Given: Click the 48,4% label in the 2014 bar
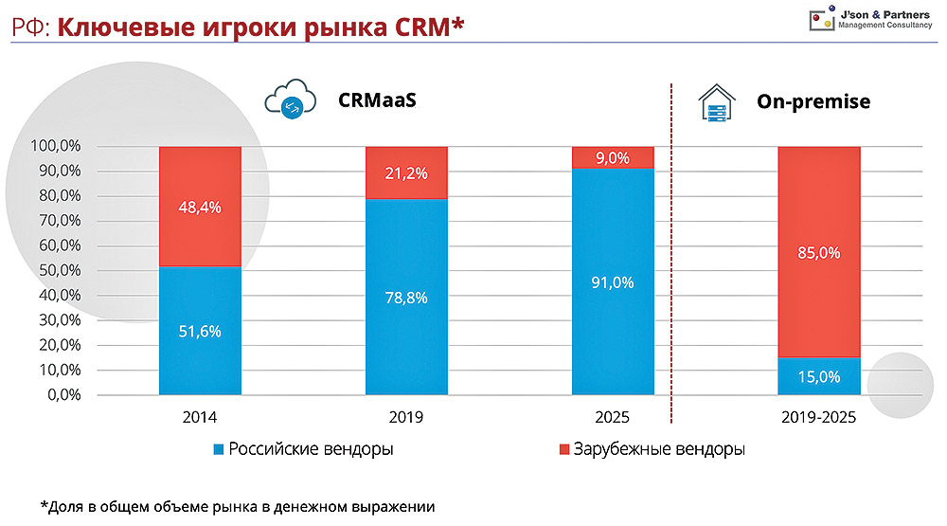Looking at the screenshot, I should [x=200, y=207].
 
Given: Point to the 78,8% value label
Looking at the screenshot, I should [x=406, y=298].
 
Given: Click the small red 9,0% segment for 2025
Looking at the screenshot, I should [x=613, y=157].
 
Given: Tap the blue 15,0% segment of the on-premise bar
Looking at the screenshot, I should [x=818, y=376].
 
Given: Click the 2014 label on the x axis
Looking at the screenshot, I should [x=200, y=417].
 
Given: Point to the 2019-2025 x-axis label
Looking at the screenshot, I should [x=818, y=417].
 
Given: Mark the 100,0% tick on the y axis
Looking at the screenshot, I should [x=56, y=147].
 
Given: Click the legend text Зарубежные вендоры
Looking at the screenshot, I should [x=658, y=448].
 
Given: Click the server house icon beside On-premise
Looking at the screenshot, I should [x=717, y=101].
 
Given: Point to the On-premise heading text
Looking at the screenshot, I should [x=813, y=101].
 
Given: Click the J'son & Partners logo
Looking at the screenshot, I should [x=871, y=19].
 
